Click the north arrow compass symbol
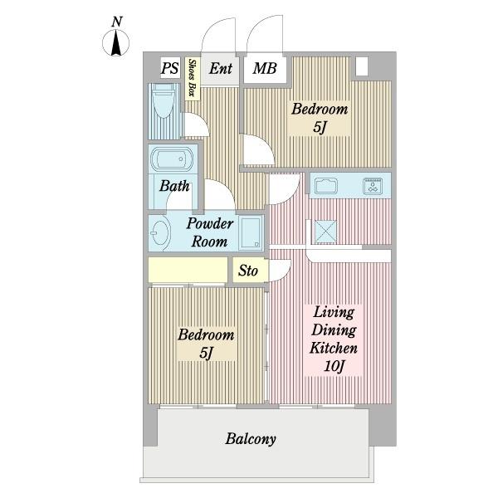click(x=115, y=42)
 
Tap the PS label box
click(x=170, y=68)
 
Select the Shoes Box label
click(x=193, y=78)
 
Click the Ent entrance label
click(x=221, y=69)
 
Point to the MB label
click(x=265, y=69)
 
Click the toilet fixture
click(x=164, y=100)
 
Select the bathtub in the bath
click(x=172, y=159)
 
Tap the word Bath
click(x=174, y=186)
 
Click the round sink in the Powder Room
click(x=159, y=233)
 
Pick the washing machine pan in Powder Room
click(x=251, y=232)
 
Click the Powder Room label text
click(x=210, y=232)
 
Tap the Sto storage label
click(x=248, y=271)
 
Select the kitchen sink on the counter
click(x=326, y=186)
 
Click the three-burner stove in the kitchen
click(x=373, y=186)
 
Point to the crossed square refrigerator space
click(x=325, y=232)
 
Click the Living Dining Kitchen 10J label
click(x=334, y=339)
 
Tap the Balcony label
click(x=251, y=439)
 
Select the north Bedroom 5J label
click(x=320, y=118)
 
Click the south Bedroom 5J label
click(x=206, y=344)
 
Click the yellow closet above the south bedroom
click(x=188, y=270)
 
